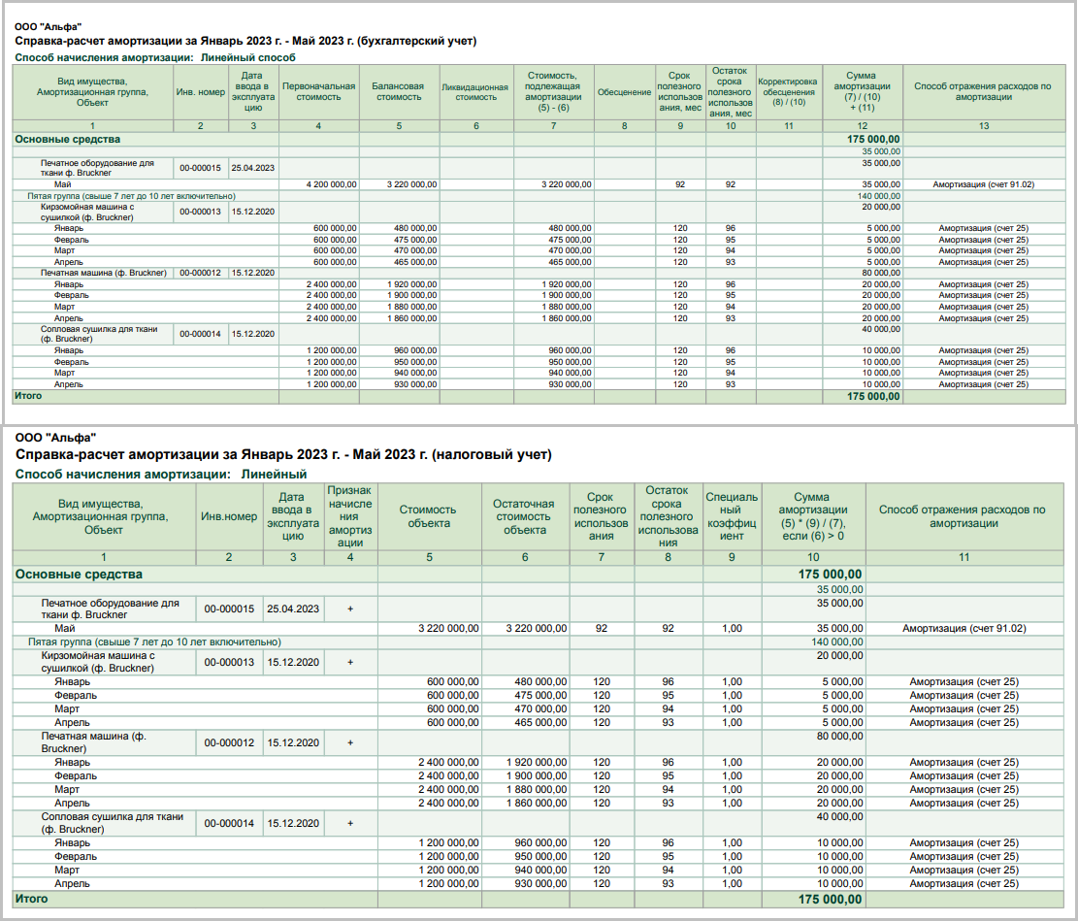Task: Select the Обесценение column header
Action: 624,92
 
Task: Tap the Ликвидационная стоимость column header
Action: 475,92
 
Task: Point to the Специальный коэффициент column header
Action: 733,516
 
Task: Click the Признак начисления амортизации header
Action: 350,516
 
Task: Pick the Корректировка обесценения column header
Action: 787,92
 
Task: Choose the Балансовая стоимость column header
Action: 398,92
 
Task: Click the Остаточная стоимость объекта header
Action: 524,516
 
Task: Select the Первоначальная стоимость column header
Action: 318,92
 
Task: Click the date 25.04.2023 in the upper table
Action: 252,168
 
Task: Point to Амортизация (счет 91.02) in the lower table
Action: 964,628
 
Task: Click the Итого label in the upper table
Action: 27,396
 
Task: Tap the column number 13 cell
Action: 983,126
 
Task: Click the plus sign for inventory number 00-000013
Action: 350,662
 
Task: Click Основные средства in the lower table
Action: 78,574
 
